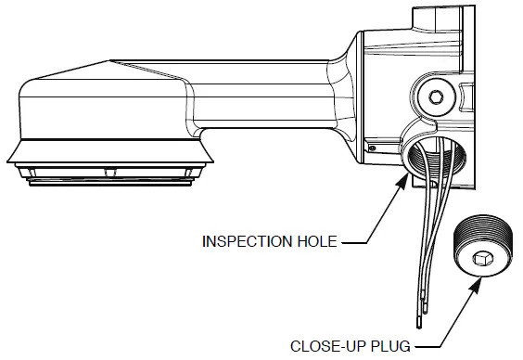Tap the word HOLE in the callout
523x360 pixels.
click(317, 242)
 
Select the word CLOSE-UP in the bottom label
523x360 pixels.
click(328, 346)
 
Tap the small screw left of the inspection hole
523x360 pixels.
click(371, 147)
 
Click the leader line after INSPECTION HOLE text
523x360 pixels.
click(357, 242)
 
